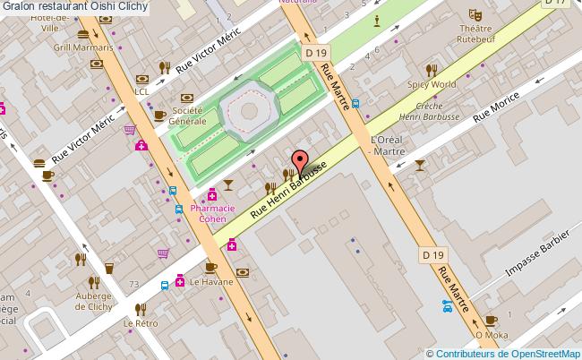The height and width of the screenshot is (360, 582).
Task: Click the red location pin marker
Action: tap(301, 162)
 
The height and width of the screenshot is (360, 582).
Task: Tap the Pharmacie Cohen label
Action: tap(211, 213)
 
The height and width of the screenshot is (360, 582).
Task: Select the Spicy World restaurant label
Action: tap(432, 84)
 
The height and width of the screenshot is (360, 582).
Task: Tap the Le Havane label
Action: tap(210, 281)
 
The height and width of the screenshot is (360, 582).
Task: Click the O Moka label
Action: tap(491, 335)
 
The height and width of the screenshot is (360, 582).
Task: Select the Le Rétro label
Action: tap(141, 323)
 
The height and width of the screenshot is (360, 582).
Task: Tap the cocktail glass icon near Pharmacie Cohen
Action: tap(229, 184)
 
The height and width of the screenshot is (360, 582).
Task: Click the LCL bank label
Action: tap(141, 91)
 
